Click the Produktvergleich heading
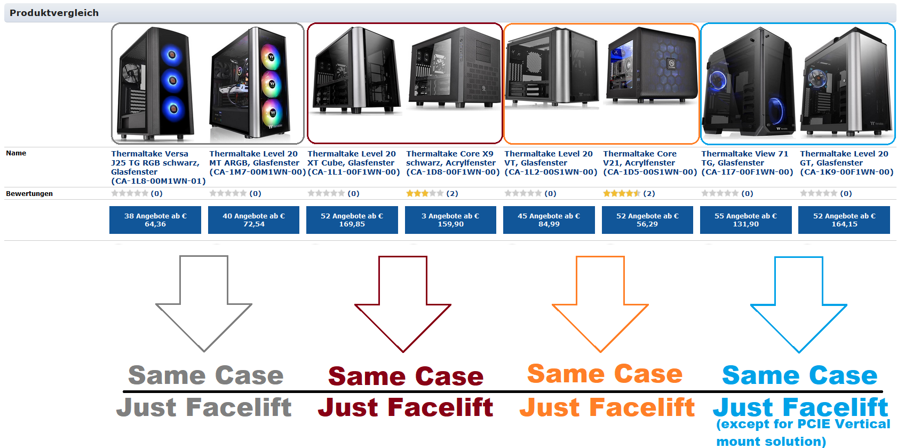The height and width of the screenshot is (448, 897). coord(54,13)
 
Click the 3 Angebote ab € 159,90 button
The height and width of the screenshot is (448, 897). coord(450,220)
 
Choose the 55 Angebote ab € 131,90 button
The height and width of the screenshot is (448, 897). coord(745,220)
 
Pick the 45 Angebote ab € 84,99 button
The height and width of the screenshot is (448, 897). coord(549,220)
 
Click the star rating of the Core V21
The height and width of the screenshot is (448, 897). coord(622,193)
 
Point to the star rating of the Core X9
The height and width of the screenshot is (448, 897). coord(425,193)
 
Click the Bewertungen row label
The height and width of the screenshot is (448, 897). coord(29,194)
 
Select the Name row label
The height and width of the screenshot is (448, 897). coord(16,153)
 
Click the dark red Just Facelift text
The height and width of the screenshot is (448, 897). coord(406,407)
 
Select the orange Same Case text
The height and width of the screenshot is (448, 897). coord(605,374)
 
